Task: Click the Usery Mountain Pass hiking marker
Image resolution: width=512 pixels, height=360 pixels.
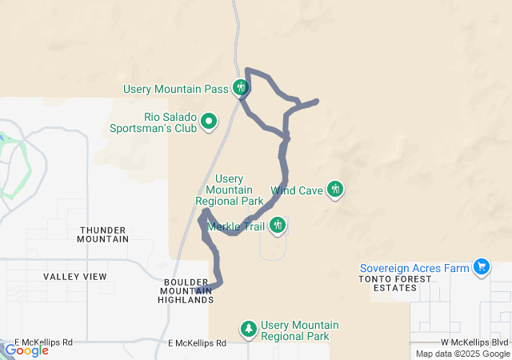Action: (x=241, y=88)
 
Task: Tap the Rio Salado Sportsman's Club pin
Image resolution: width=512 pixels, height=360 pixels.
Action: (x=209, y=122)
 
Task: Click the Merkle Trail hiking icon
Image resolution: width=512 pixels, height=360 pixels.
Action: (x=277, y=226)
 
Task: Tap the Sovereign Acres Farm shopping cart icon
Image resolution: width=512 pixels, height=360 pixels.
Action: (x=482, y=266)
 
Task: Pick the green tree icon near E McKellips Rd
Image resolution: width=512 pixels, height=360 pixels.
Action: (x=250, y=329)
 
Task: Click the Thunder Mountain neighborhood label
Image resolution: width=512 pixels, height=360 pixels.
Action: (x=103, y=234)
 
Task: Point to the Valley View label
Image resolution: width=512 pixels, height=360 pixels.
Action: (x=75, y=277)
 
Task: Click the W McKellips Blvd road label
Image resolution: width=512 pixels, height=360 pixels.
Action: (x=474, y=342)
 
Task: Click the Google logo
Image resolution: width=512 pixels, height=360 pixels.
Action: (x=26, y=350)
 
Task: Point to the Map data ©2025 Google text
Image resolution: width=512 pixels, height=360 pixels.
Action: (x=462, y=354)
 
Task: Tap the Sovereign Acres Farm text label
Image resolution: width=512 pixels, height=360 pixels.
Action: (x=414, y=267)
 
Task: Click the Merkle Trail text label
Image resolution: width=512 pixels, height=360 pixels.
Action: (x=236, y=226)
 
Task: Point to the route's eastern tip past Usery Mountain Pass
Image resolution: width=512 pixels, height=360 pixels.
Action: (x=317, y=102)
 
